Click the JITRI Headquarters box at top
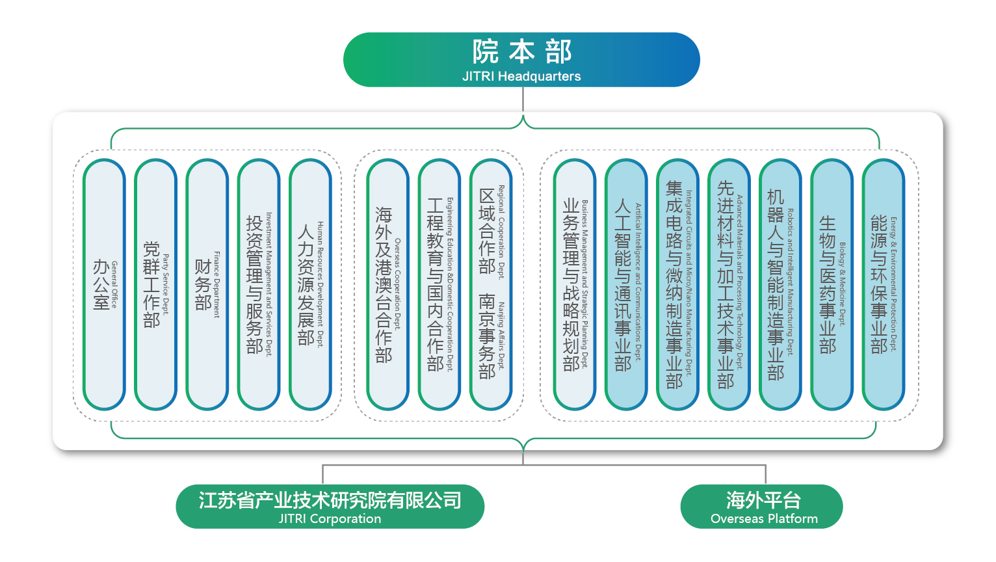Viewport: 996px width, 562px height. (521, 60)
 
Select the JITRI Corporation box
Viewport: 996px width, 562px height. (330, 506)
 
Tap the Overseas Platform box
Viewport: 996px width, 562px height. (761, 506)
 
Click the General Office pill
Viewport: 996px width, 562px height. (104, 285)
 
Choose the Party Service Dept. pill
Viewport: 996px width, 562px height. (155, 285)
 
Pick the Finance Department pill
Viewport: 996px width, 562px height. (207, 285)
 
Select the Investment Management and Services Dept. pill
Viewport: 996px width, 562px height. (259, 285)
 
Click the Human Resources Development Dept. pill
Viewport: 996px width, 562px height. (310, 285)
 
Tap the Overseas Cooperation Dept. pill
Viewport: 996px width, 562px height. (387, 285)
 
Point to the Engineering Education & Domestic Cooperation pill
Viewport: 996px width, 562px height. (439, 285)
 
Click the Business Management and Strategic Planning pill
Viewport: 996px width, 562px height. (574, 285)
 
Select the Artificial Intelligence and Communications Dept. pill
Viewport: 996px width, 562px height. (625, 285)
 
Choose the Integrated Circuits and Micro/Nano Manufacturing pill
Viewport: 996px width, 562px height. (677, 285)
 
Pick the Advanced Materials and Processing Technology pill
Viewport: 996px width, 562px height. (729, 285)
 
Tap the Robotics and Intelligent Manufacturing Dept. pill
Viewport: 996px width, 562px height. (780, 285)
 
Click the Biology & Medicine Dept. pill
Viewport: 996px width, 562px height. (832, 285)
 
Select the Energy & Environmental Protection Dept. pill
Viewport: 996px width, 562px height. (884, 285)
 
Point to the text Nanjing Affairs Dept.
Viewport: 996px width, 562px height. (501, 335)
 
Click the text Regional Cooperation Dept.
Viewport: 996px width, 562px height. (501, 232)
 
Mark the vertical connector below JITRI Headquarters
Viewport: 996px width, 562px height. (523, 101)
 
